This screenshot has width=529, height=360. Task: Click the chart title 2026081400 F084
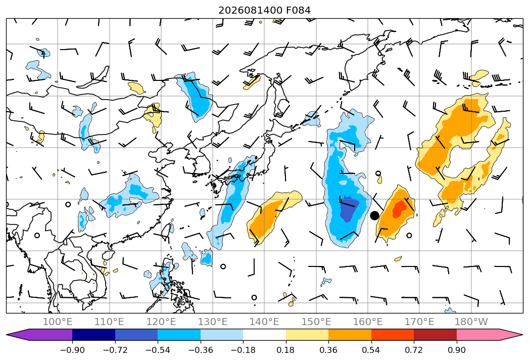tap(264, 10)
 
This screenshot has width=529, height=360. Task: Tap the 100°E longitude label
tap(58, 322)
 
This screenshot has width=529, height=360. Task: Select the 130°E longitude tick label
tap(213, 322)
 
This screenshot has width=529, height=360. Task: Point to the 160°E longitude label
tap(368, 322)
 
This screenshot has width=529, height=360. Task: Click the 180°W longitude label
tap(471, 322)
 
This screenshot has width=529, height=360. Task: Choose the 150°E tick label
tap(316, 322)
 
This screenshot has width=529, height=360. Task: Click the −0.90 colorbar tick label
tap(72, 350)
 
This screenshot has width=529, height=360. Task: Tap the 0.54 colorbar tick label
tap(371, 350)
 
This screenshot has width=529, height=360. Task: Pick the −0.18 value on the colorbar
tap(243, 350)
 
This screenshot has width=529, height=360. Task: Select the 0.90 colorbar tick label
tap(456, 350)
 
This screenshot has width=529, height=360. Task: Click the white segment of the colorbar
tap(265, 334)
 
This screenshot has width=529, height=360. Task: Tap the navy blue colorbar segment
tap(94, 334)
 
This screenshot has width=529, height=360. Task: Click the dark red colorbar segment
tap(435, 334)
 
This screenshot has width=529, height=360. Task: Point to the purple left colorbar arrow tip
tap(7, 335)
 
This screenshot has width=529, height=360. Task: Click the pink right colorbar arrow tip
tap(522, 335)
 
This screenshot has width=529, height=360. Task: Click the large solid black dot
tap(374, 215)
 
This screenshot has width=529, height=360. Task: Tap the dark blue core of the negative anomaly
tap(349, 209)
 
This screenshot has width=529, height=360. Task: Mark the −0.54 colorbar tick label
tap(158, 350)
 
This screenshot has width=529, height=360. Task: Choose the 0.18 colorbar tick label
tap(286, 350)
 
